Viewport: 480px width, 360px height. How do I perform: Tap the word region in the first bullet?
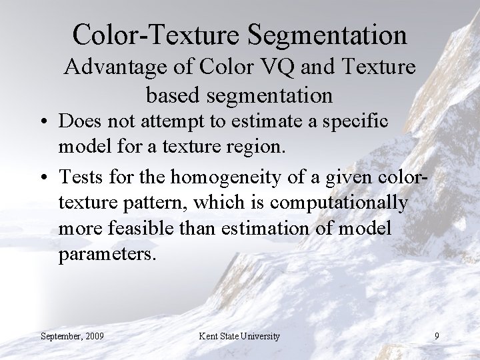[x=257, y=149]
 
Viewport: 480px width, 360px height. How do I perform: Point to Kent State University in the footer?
[x=239, y=337]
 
